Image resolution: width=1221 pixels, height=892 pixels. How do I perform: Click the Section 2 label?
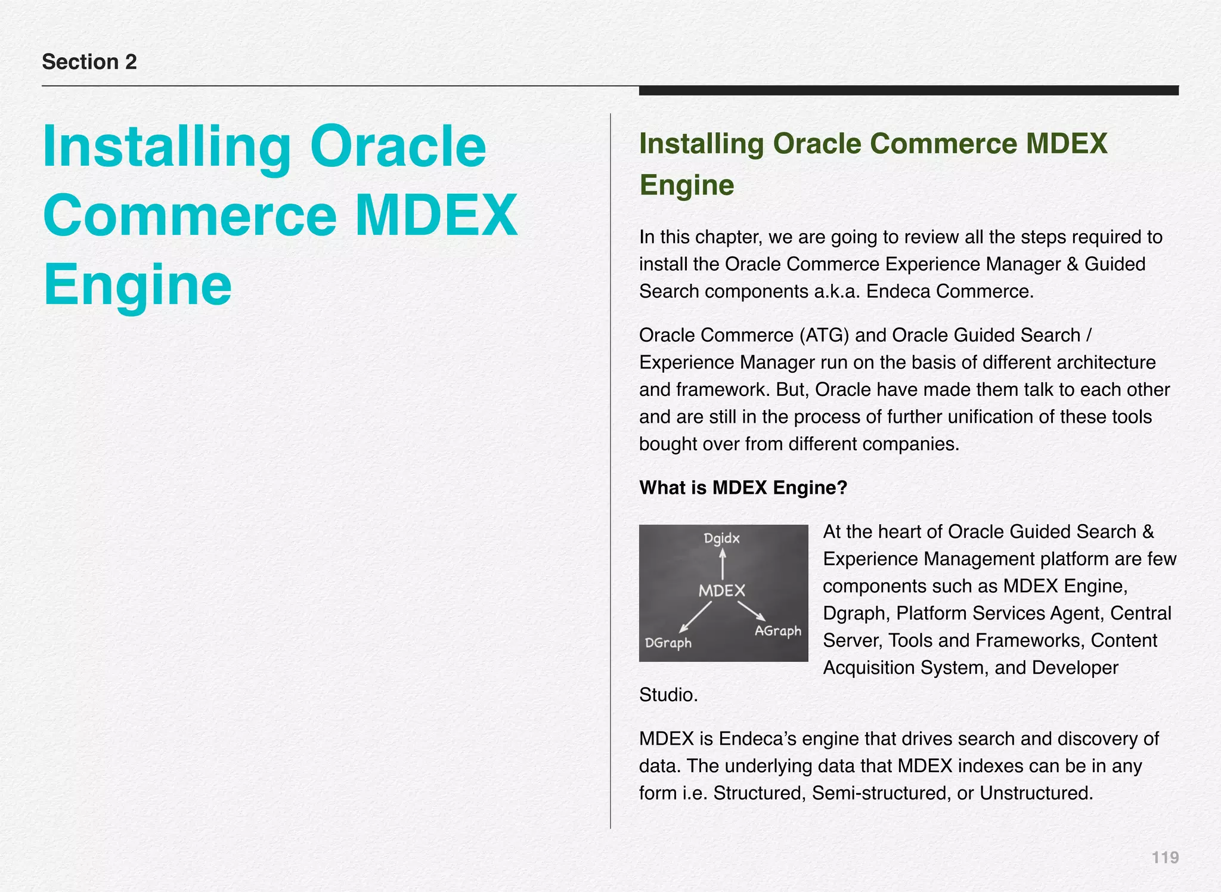click(x=89, y=62)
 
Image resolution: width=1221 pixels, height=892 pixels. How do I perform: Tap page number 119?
click(x=1165, y=857)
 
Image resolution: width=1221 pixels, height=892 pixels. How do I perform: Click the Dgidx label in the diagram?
click(x=721, y=538)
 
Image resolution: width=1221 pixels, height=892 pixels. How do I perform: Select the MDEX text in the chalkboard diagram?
click(x=722, y=591)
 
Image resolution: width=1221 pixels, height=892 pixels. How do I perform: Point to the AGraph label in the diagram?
click(x=777, y=631)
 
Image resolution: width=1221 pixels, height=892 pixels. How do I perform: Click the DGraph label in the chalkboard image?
click(x=668, y=643)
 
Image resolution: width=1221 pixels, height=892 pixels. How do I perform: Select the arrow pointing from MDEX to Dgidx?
click(x=723, y=564)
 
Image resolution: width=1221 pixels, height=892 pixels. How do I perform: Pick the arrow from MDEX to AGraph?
click(x=752, y=611)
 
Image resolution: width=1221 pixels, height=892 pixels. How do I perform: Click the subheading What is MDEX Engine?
click(x=743, y=488)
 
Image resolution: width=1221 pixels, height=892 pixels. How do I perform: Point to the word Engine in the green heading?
click(x=687, y=185)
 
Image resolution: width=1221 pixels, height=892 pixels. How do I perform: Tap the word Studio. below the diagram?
click(x=668, y=695)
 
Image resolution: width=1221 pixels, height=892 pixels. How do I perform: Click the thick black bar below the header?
click(x=909, y=91)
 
